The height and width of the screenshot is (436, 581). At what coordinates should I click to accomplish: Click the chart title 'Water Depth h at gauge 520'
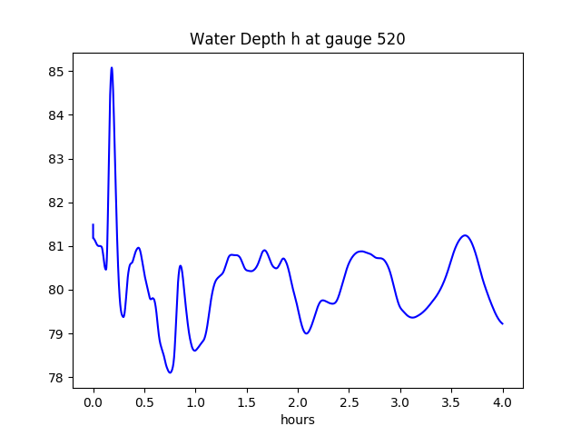pos(298,40)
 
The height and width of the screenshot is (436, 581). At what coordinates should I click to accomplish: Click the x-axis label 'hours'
pos(298,421)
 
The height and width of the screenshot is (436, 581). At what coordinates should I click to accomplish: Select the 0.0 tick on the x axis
pos(94,401)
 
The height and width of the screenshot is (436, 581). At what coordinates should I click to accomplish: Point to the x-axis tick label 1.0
pos(196,401)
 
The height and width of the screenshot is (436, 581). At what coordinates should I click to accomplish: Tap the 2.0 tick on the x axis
pos(298,401)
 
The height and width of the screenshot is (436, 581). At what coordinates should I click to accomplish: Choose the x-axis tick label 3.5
pos(451,401)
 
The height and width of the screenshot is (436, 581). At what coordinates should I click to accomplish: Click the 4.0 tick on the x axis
pos(503,401)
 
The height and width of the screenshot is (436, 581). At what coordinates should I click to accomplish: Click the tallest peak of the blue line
pos(112,67)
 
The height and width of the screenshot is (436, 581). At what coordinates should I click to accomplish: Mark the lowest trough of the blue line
pos(170,372)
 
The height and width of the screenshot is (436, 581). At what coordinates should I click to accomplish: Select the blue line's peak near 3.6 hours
pos(465,235)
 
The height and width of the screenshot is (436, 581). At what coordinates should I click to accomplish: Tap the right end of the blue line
pos(502,323)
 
